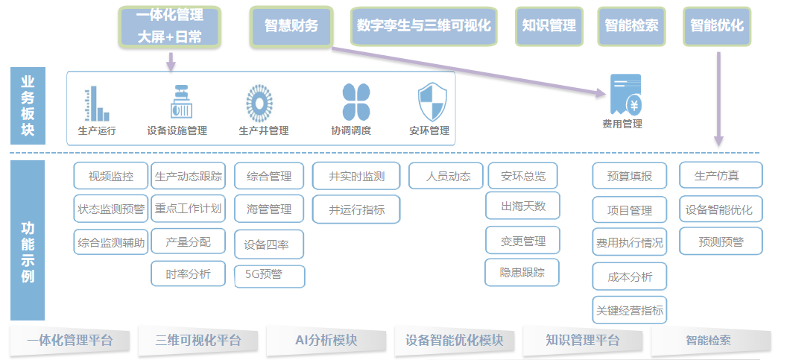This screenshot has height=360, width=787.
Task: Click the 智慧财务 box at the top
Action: [x=291, y=27]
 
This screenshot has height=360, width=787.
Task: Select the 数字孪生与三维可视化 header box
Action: [x=423, y=27]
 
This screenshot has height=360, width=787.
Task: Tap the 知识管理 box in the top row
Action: [x=549, y=27]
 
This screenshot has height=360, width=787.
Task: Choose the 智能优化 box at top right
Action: [x=717, y=27]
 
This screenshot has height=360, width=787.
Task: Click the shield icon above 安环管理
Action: [x=432, y=103]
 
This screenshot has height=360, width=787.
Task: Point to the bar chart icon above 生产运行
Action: [x=97, y=104]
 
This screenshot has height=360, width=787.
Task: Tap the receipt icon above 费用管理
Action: [x=625, y=94]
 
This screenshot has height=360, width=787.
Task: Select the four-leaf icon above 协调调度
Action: [x=356, y=102]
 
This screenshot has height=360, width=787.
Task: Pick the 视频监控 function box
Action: [x=111, y=176]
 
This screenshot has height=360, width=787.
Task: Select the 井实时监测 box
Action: [x=356, y=176]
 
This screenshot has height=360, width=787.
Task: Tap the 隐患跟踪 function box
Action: [x=522, y=273]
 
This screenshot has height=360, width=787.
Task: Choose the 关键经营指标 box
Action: [x=630, y=310]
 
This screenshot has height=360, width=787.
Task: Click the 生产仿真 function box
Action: [x=721, y=175]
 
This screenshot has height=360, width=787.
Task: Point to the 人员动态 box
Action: [x=446, y=176]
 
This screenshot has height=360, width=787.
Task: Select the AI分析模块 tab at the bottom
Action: [x=326, y=341]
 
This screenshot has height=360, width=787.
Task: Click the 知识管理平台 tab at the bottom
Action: [x=582, y=341]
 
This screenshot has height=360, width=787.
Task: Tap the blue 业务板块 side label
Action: [x=28, y=106]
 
